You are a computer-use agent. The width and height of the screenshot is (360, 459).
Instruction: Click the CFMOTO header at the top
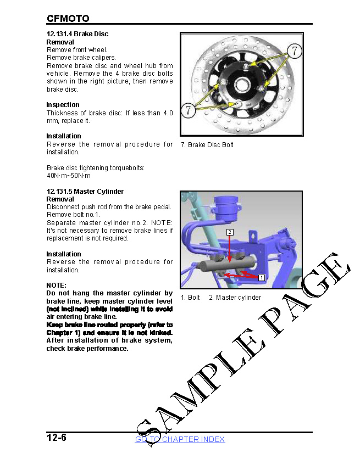point(68,18)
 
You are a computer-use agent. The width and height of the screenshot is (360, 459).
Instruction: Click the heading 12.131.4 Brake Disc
point(77,33)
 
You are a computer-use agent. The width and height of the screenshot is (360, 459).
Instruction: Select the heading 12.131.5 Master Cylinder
point(85,191)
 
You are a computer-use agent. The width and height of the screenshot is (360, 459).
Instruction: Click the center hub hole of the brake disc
point(243,86)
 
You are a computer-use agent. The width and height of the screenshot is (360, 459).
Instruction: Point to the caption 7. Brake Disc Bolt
point(207,145)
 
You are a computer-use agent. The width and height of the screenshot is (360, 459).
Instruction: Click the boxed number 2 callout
point(230,232)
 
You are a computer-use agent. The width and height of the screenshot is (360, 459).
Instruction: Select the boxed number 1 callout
point(262,277)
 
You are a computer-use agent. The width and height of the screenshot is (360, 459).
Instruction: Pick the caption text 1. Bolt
point(190,298)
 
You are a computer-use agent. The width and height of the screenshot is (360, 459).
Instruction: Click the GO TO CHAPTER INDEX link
point(180,439)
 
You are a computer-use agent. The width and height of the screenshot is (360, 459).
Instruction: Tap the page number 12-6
point(56,438)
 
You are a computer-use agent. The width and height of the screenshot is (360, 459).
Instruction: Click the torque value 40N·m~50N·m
point(69,176)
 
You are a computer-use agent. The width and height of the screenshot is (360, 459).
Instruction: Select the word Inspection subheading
point(63,104)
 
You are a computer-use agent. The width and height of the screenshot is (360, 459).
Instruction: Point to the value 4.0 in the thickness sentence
point(167,113)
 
